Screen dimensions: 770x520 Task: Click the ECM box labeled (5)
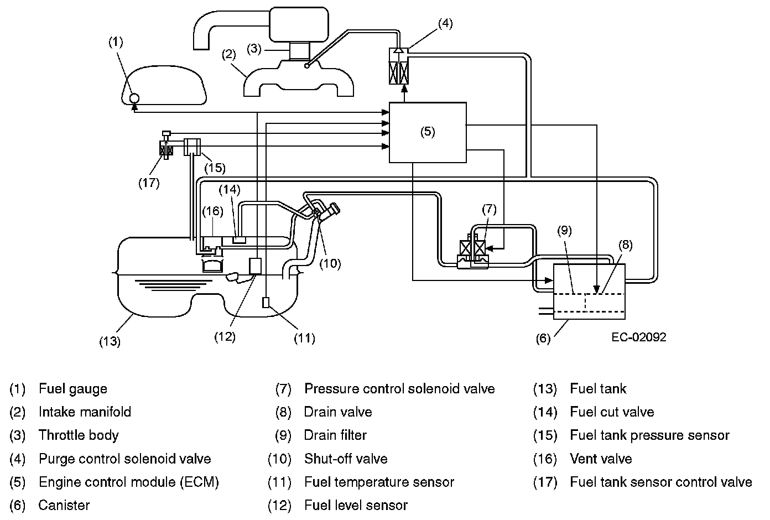pos(428,132)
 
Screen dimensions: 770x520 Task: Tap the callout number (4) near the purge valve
pos(445,23)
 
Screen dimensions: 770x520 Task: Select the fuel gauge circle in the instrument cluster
pos(134,98)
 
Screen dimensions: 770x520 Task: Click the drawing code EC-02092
pos(639,337)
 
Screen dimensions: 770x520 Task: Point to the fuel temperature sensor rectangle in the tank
pos(266,303)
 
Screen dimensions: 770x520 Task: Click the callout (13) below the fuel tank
pos(110,341)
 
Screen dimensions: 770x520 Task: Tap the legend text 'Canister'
pos(64,505)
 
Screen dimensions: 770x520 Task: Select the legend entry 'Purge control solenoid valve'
pos(125,459)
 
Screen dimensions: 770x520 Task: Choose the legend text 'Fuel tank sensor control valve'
pos(660,482)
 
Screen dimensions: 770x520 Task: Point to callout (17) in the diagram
pos(149,183)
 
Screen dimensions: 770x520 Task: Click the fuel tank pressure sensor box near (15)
pos(192,147)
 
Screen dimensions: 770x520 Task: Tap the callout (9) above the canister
pos(564,231)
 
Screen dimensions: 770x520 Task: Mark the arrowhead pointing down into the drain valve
pos(597,289)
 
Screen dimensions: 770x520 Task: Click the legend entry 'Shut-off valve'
pos(346,459)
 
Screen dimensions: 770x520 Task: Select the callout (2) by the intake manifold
pos(228,54)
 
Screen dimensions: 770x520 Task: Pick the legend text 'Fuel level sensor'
pos(356,505)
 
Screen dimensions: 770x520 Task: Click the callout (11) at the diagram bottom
pos(304,338)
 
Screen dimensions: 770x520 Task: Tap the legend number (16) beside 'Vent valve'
pos(545,459)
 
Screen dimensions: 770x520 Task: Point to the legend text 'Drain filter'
pos(335,435)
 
